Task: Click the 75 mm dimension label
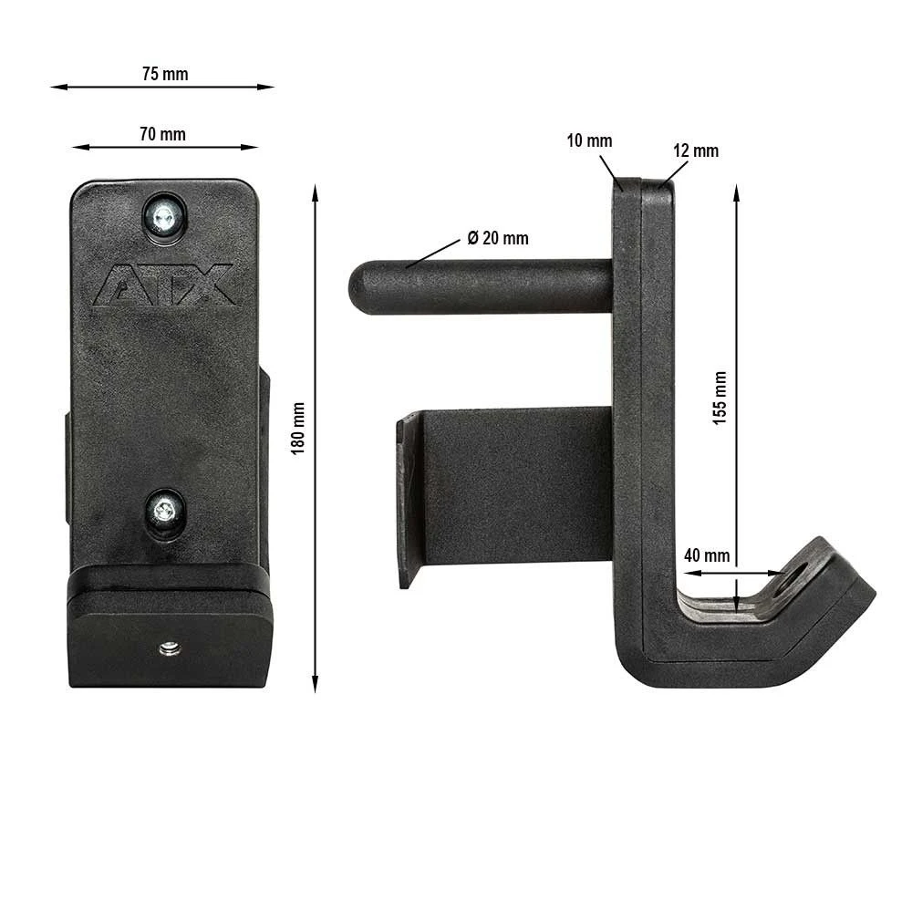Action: pyautogui.click(x=165, y=74)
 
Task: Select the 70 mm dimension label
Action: pyautogui.click(x=162, y=134)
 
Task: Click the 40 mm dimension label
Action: pyautogui.click(x=706, y=555)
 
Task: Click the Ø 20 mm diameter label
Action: pyautogui.click(x=498, y=238)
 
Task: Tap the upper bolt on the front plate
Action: pyautogui.click(x=164, y=216)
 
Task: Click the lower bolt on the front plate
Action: pyautogui.click(x=165, y=511)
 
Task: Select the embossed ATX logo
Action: pyautogui.click(x=165, y=285)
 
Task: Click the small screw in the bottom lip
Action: pyautogui.click(x=171, y=648)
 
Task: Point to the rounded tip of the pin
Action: pyautogui.click(x=358, y=286)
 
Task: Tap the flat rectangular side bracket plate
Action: pyautogui.click(x=511, y=483)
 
